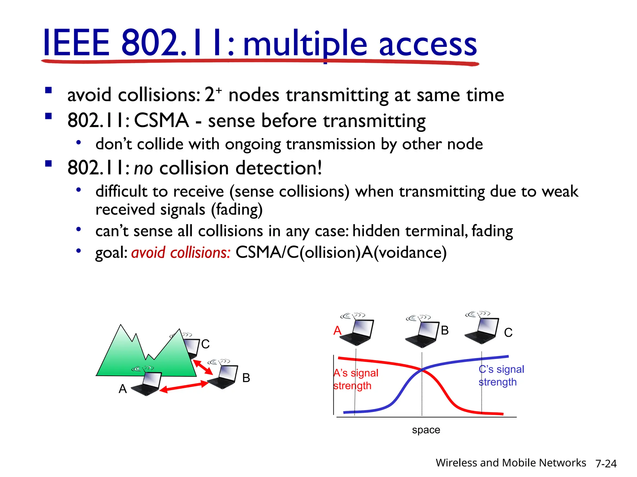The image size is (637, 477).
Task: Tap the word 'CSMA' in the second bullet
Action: pos(161,120)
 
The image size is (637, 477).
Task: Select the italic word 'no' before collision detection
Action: pos(143,168)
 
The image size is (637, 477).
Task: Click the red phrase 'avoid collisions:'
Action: pos(181,252)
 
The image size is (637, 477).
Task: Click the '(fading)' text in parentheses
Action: pos(237,210)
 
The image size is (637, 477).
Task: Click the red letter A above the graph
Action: pos(337,330)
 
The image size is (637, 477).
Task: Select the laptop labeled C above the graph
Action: pos(482,331)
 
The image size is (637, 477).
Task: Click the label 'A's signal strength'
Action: pos(355,379)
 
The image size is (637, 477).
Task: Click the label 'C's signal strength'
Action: pos(501,375)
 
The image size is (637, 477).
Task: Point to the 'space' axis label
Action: pos(426,430)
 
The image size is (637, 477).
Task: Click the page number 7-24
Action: pos(606,464)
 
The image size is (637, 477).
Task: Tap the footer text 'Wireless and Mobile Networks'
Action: pos(510,463)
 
